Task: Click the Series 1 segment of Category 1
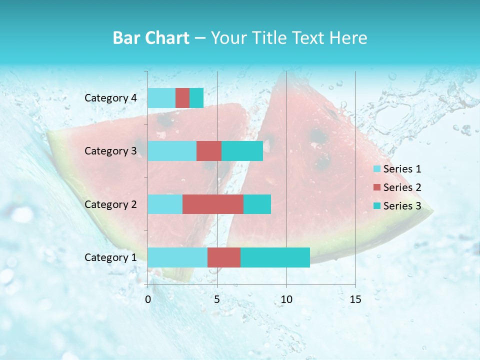click(x=177, y=257)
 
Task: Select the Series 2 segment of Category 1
click(x=224, y=257)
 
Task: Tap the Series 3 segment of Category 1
click(x=275, y=257)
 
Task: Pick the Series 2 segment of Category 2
click(x=213, y=204)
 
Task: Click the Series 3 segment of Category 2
click(x=257, y=204)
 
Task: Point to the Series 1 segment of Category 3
click(x=172, y=151)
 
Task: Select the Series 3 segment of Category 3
click(x=242, y=151)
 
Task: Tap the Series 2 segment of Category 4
click(x=182, y=98)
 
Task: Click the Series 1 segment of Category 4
click(x=161, y=98)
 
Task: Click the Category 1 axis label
click(x=110, y=257)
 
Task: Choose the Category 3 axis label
click(x=110, y=151)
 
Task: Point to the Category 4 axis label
click(x=110, y=98)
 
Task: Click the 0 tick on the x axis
click(x=148, y=300)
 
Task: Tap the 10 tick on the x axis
click(x=286, y=300)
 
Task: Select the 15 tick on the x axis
click(x=355, y=300)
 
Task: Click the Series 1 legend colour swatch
click(x=377, y=169)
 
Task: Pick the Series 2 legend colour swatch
click(x=377, y=187)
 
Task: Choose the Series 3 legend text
click(x=402, y=206)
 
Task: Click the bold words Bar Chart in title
click(x=151, y=38)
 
